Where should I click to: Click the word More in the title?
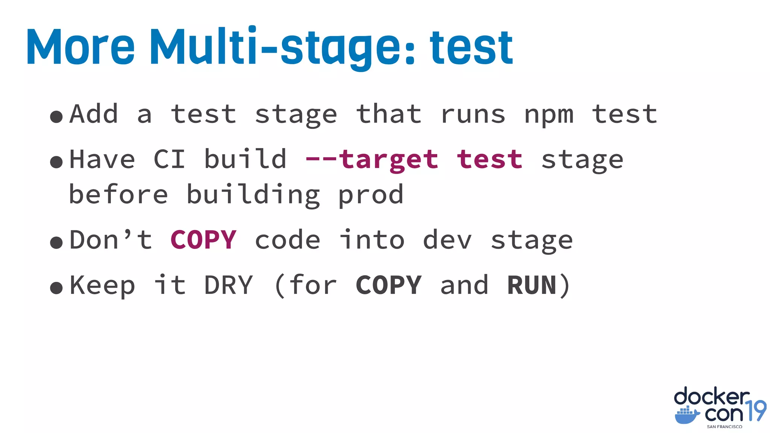[x=80, y=47]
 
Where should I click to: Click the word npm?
[x=549, y=115]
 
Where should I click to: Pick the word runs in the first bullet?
[x=473, y=114]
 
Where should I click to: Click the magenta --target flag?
[x=372, y=160]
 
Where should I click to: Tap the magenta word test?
[x=490, y=159]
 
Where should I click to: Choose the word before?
[x=118, y=194]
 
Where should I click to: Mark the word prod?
[x=371, y=195]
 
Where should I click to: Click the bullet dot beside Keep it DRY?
[x=56, y=288]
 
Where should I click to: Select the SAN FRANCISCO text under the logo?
[x=725, y=427]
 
